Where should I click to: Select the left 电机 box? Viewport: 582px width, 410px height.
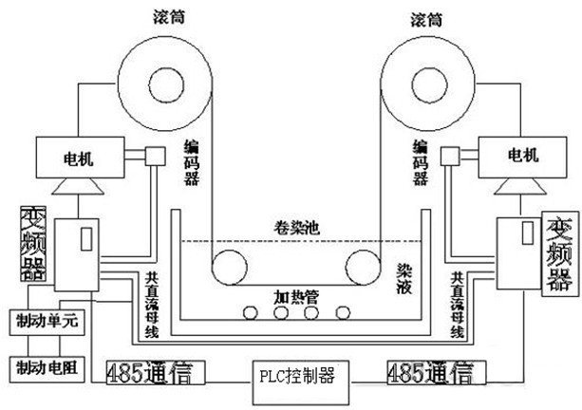click(x=79, y=156)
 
